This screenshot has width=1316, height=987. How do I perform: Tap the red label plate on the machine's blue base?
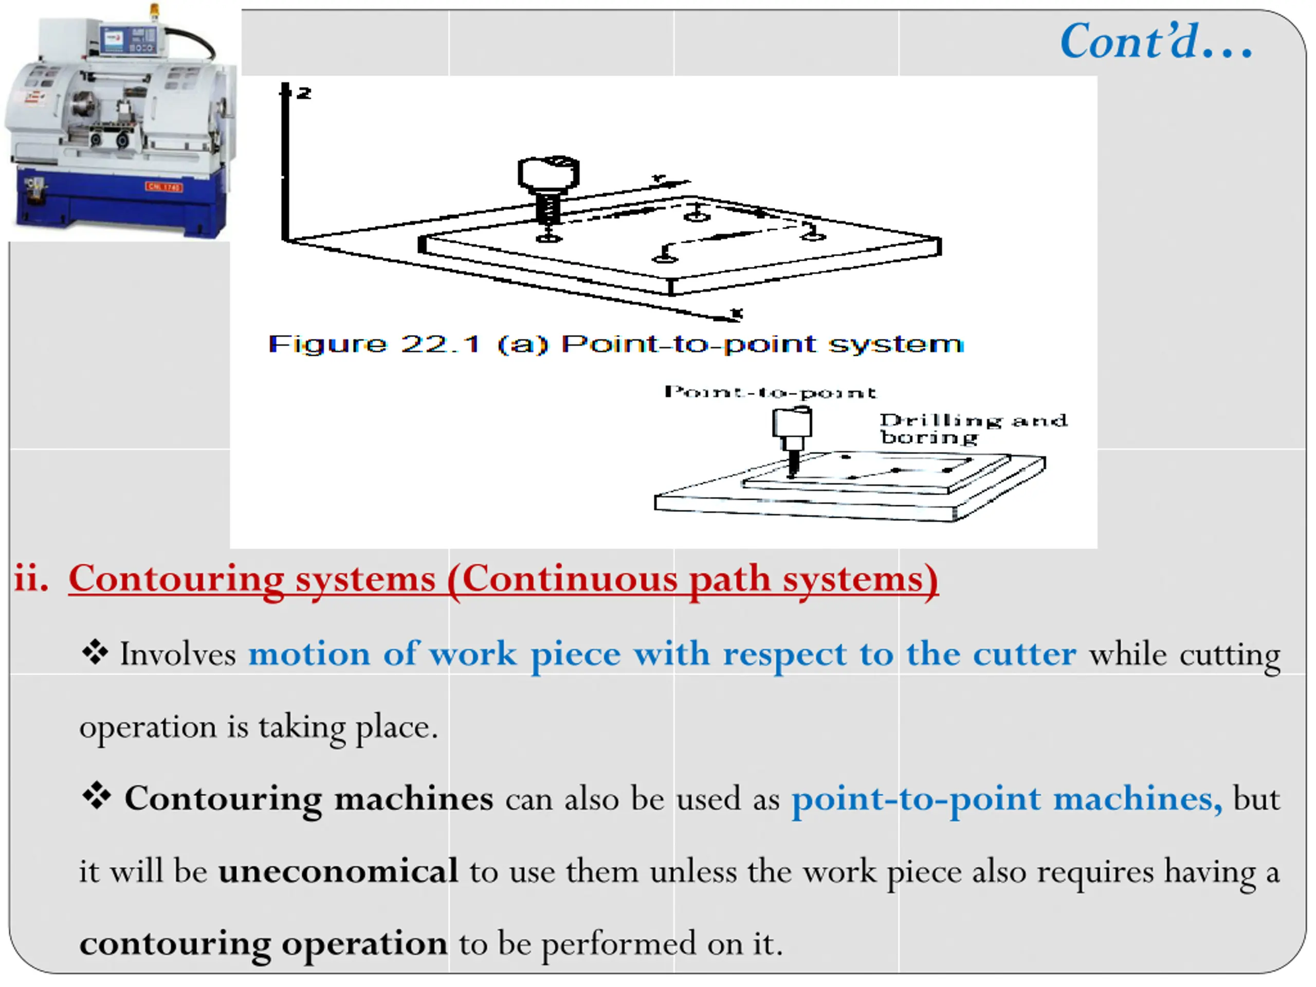[x=163, y=187]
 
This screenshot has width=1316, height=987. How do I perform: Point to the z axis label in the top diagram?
[x=303, y=93]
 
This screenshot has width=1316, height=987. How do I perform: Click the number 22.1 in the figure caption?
[x=440, y=344]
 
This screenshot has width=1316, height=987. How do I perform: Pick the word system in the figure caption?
[x=895, y=344]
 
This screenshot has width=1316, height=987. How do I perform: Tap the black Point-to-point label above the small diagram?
[x=770, y=392]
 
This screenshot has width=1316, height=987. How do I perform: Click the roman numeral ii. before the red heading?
[x=31, y=578]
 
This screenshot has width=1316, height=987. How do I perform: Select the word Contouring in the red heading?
[x=176, y=578]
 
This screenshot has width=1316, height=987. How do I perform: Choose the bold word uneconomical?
[x=338, y=871]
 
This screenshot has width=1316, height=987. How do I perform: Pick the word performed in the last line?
[x=618, y=944]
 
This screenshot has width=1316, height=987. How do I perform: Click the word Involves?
[x=178, y=655]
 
